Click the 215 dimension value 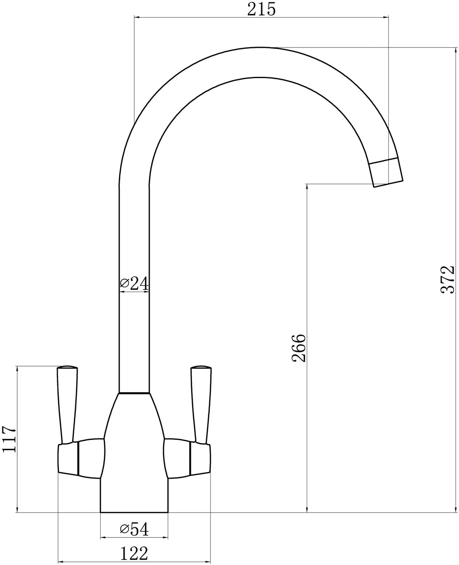[262, 10]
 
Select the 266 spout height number [299, 348]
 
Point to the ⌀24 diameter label [134, 283]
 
